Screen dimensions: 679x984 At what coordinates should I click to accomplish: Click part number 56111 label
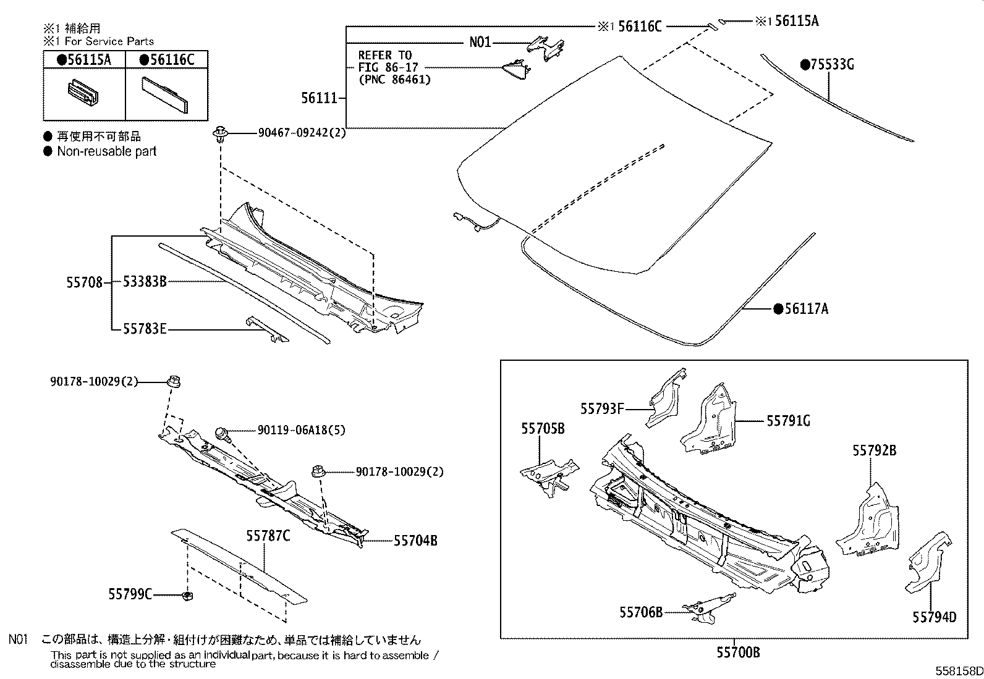[319, 98]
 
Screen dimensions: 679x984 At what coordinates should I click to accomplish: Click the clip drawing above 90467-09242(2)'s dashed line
[219, 134]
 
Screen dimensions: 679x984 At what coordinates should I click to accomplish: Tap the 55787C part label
[268, 536]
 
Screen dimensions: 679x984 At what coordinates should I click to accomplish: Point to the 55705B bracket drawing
[549, 473]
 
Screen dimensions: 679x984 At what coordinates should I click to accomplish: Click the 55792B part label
[874, 450]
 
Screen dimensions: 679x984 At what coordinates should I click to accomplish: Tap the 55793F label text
[601, 408]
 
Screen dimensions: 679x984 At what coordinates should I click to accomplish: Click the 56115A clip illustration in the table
[85, 93]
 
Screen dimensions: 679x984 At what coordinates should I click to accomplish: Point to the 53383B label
[145, 282]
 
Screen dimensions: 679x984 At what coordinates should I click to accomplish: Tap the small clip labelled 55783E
[267, 330]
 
